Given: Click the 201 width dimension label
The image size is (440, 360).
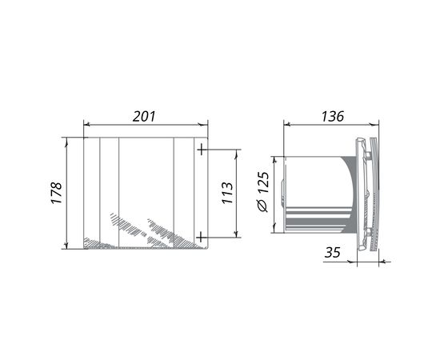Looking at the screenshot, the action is pyautogui.click(x=144, y=117).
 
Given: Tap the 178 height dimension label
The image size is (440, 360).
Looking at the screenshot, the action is pyautogui.click(x=56, y=193).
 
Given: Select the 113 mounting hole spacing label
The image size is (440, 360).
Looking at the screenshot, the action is pyautogui.click(x=227, y=193).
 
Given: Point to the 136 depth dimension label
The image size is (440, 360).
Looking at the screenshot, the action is pyautogui.click(x=333, y=117).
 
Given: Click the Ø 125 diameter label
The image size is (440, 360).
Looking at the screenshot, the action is pyautogui.click(x=263, y=192).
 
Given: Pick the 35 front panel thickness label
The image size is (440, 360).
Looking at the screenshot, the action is pyautogui.click(x=333, y=252).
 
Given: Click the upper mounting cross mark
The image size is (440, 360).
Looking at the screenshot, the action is pyautogui.click(x=202, y=150).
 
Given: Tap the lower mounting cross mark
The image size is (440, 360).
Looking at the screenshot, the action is pyautogui.click(x=201, y=238).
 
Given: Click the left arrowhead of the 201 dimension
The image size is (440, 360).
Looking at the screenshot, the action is pyautogui.click(x=87, y=124).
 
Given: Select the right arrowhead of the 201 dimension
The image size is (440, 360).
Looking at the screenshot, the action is pyautogui.click(x=204, y=124).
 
